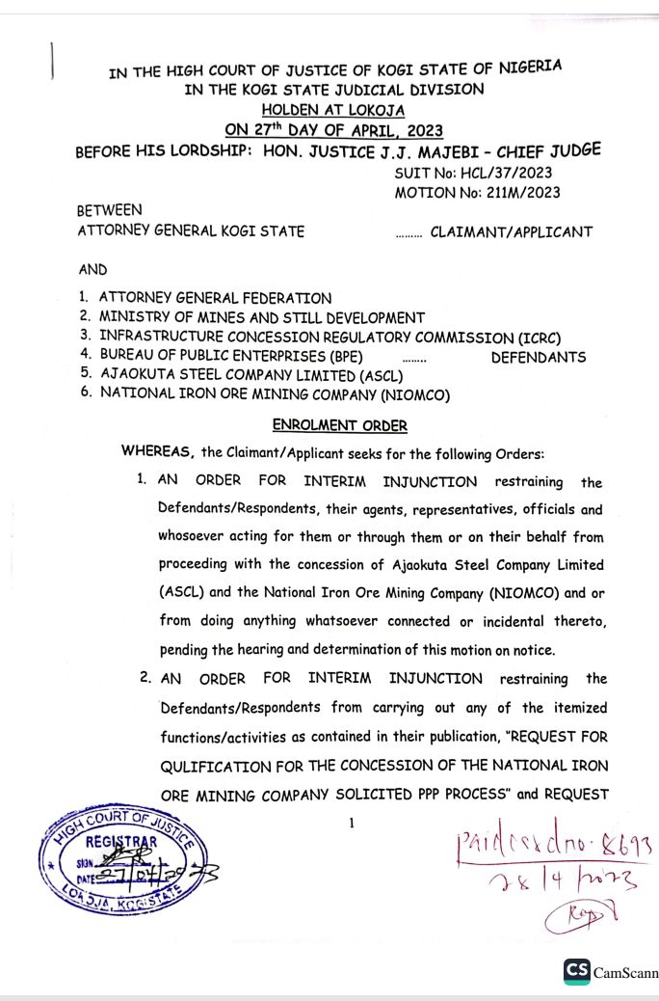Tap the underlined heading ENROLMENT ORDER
[339, 425]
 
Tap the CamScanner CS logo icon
[577, 970]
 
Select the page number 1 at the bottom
[352, 823]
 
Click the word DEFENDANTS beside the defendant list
[538, 357]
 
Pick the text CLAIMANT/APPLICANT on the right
[511, 231]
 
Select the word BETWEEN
[109, 210]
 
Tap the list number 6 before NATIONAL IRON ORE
[85, 393]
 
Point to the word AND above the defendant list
[92, 271]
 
